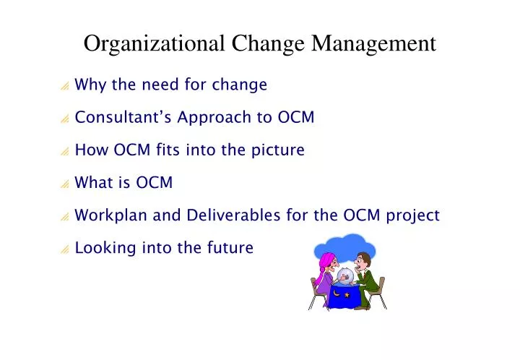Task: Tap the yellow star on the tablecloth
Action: tap(348, 295)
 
